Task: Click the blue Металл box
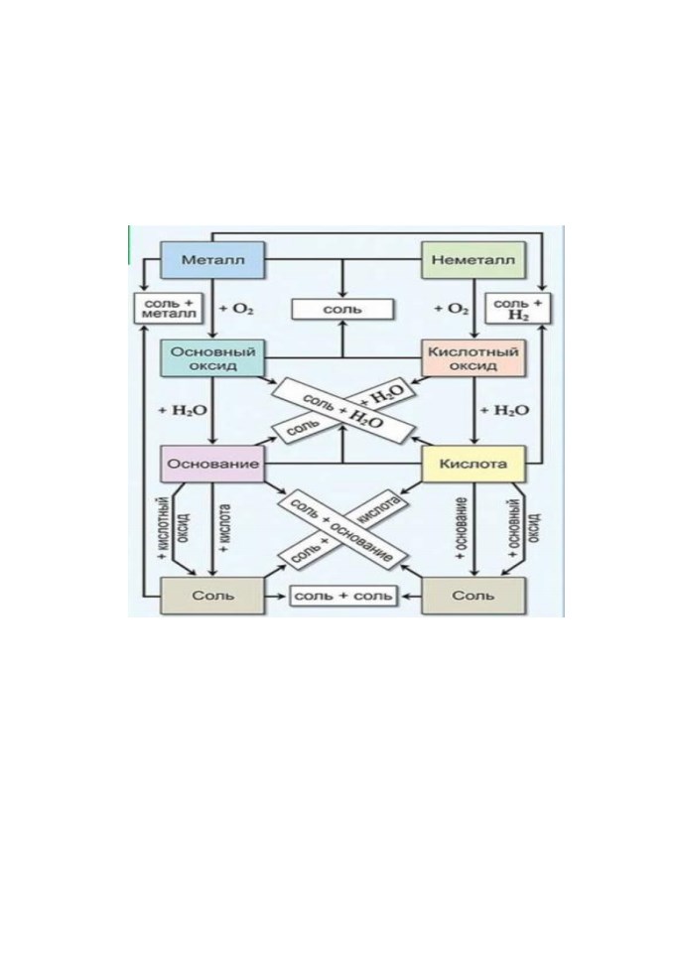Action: tap(212, 260)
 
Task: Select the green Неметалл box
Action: tap(472, 260)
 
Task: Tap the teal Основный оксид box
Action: tap(212, 358)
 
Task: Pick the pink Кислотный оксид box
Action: tap(472, 358)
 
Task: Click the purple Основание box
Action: tap(212, 464)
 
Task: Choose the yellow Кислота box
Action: tap(472, 464)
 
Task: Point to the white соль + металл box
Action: tap(169, 308)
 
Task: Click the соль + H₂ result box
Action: tap(517, 308)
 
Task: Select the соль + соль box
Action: tap(342, 596)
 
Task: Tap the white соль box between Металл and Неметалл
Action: tap(342, 309)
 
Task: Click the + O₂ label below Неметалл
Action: tap(451, 309)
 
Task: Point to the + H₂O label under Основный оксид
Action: tap(183, 410)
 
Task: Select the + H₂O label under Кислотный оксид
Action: tap(504, 410)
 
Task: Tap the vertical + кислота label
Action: tap(224, 527)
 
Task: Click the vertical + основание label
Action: tap(462, 527)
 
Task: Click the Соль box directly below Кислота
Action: tap(472, 596)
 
